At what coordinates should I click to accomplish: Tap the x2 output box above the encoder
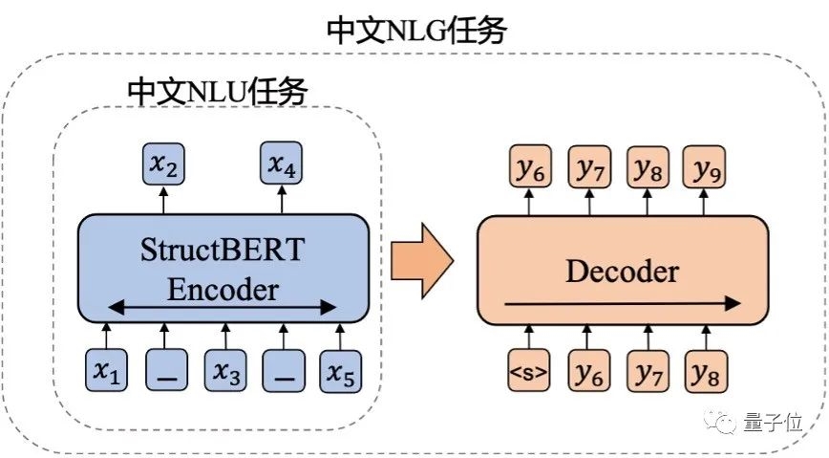click(163, 165)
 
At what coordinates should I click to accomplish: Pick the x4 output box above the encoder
click(281, 165)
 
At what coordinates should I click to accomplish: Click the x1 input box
click(107, 371)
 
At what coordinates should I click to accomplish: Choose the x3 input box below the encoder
click(224, 371)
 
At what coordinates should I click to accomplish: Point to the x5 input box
click(341, 371)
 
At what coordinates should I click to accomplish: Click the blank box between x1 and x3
click(165, 371)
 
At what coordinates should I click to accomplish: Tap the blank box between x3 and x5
click(283, 371)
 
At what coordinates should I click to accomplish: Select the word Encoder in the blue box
click(223, 289)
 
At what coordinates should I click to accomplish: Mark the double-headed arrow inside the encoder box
click(223, 308)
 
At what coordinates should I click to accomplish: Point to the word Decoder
click(622, 272)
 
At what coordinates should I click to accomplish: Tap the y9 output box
click(707, 169)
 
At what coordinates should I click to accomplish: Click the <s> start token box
click(529, 371)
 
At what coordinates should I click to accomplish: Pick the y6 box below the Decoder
click(588, 371)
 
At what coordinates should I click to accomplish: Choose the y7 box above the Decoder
click(588, 169)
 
